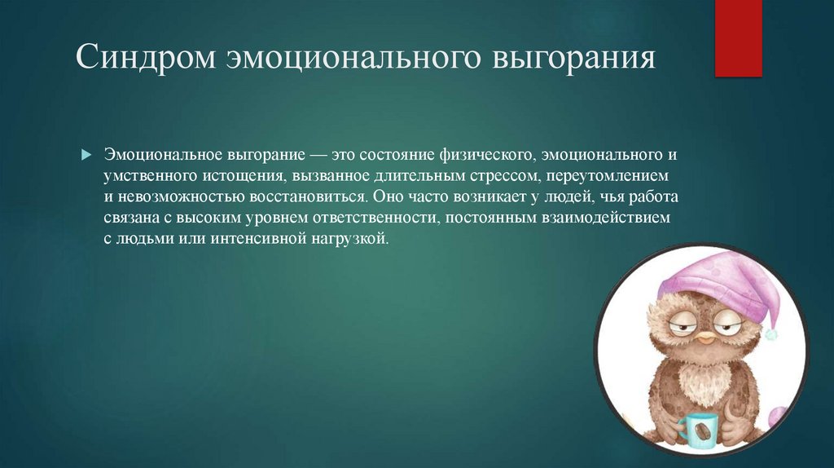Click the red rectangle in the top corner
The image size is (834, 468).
click(x=738, y=38)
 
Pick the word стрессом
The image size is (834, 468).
click(x=488, y=176)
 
